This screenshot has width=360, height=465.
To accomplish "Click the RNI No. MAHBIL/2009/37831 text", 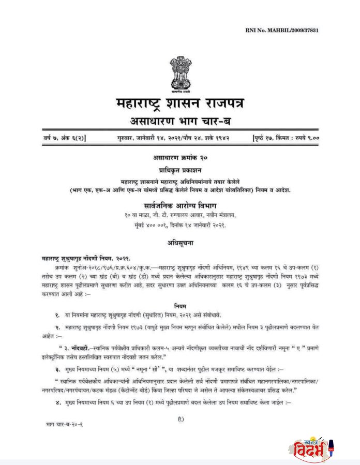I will pos(281,31).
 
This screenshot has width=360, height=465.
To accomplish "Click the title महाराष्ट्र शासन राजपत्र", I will pos(180,103).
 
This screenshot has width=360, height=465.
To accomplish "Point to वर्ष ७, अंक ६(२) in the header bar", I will pos(65,138).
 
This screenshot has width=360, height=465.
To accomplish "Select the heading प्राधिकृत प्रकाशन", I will pos(180,169).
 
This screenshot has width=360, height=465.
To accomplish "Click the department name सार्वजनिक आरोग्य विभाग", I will pos(180,206).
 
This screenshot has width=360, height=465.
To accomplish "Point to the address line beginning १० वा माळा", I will pos(180,215).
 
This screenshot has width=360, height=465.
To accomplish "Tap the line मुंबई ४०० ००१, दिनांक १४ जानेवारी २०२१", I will pos(180,225).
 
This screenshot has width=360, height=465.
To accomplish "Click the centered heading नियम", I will pos(180,305).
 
